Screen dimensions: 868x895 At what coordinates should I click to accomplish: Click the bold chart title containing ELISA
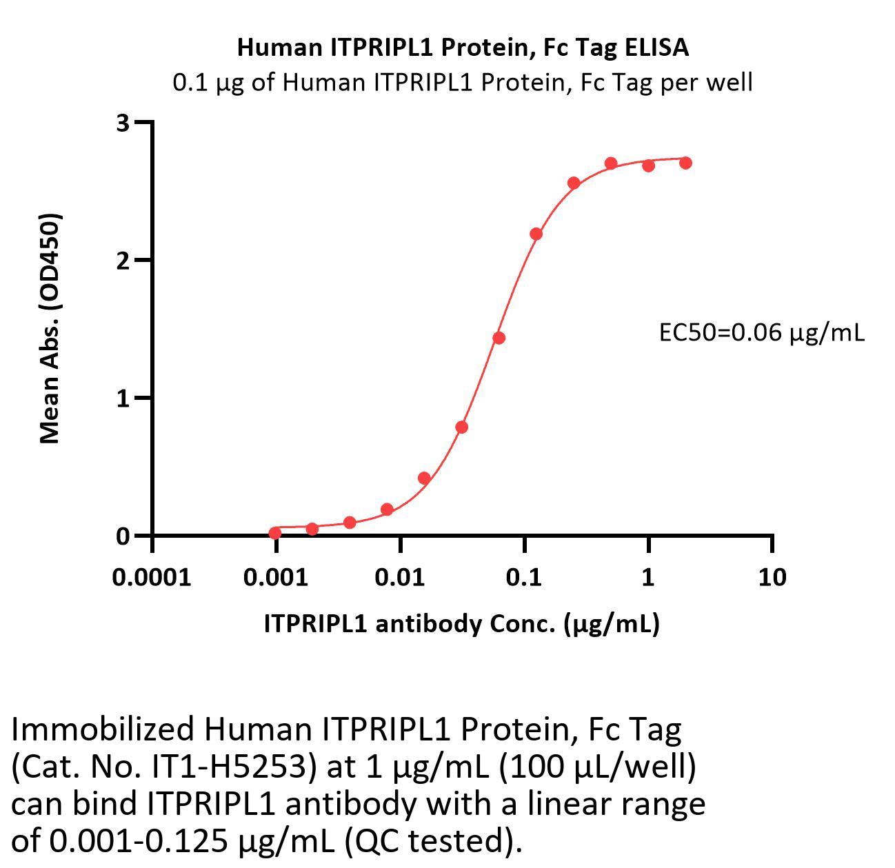pyautogui.click(x=463, y=47)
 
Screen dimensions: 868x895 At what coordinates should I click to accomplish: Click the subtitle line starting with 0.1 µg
pyautogui.click(x=463, y=83)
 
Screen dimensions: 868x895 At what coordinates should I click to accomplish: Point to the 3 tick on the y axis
pyautogui.click(x=123, y=123)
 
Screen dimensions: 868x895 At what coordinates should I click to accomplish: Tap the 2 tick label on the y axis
pyautogui.click(x=123, y=261)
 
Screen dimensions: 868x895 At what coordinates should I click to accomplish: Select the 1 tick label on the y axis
pyautogui.click(x=123, y=398)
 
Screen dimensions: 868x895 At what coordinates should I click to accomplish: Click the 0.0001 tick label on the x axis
pyautogui.click(x=152, y=576)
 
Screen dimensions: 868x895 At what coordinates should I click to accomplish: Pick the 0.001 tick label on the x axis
pyautogui.click(x=276, y=576)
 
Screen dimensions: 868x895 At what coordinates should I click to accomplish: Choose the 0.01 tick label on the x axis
pyautogui.click(x=400, y=576)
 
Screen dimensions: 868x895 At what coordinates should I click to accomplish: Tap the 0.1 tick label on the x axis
pyautogui.click(x=524, y=576)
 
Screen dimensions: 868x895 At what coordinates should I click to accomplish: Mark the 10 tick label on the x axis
pyautogui.click(x=772, y=576)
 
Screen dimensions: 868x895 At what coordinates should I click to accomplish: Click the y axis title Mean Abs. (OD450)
pyautogui.click(x=50, y=328)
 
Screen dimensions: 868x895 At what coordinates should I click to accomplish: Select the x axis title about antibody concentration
pyautogui.click(x=461, y=623)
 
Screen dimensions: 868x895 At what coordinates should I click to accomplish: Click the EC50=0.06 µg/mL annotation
pyautogui.click(x=761, y=333)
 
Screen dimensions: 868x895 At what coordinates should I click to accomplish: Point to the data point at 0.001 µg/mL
pyautogui.click(x=275, y=533)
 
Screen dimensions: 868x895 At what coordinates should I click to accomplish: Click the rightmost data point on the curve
pyautogui.click(x=685, y=163)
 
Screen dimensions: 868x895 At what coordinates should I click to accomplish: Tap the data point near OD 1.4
pyautogui.click(x=499, y=338)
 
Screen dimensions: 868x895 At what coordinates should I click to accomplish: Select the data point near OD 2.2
pyautogui.click(x=536, y=234)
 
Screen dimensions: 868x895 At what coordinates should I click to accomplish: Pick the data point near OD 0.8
pyautogui.click(x=462, y=427)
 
